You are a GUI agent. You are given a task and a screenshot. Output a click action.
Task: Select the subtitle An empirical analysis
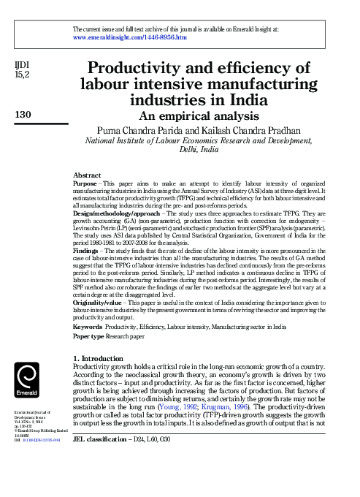pyautogui.click(x=199, y=115)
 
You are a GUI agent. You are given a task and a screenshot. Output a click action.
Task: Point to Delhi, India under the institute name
pyautogui.click(x=199, y=148)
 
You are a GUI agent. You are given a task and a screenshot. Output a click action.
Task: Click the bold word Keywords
pyautogui.click(x=91, y=327)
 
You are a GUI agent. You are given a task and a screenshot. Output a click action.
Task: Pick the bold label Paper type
pyautogui.click(x=93, y=338)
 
